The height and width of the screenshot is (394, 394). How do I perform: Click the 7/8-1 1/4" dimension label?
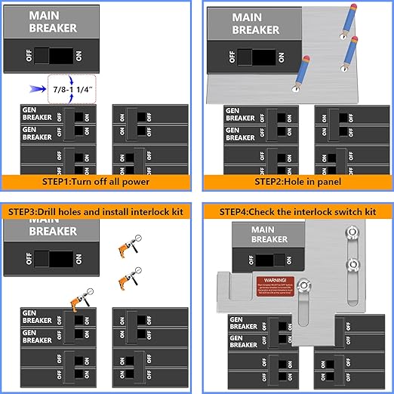click(73, 90)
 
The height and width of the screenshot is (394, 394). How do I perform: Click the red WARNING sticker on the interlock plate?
click(272, 283)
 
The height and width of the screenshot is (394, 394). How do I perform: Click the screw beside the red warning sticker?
click(303, 285)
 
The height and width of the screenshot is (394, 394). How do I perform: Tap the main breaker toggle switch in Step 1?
click(54, 56)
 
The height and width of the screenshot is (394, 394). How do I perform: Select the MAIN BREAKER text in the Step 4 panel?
click(269, 235)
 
